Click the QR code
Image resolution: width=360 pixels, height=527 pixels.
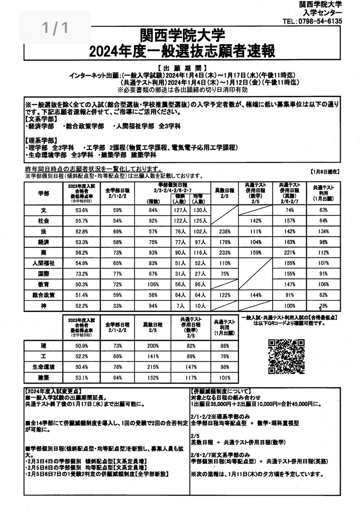pyautogui.click(x=286, y=356)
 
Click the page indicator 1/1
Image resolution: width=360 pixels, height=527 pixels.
pyautogui.click(x=55, y=28)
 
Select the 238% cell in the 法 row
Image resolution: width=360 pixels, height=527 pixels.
pyautogui.click(x=225, y=232)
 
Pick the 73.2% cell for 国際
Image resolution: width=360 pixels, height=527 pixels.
pyautogui.click(x=82, y=274)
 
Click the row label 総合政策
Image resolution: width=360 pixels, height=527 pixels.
pyautogui.click(x=44, y=295)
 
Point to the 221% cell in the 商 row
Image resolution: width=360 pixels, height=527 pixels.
pyautogui.click(x=289, y=253)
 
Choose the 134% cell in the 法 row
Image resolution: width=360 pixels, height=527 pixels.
pyautogui.click(x=324, y=232)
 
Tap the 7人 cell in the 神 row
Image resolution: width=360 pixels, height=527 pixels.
pyautogui.click(x=180, y=306)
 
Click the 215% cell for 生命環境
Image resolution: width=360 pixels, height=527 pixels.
pyautogui.click(x=153, y=367)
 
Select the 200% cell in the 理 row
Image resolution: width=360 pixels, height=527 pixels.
pyautogui.click(x=153, y=346)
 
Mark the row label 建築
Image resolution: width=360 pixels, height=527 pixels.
pyautogui.click(x=44, y=378)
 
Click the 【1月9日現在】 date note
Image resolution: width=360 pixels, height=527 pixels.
pyautogui.click(x=324, y=172)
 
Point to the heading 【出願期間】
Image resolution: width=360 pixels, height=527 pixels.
pyautogui.click(x=182, y=68)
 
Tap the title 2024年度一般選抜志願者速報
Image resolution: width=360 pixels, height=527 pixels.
pyautogui.click(x=182, y=51)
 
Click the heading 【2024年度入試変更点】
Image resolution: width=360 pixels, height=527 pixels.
pyautogui.click(x=52, y=391)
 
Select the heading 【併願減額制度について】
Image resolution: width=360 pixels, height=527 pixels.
pyautogui.click(x=220, y=391)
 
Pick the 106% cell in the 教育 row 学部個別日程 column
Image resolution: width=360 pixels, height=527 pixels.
pyautogui.click(x=153, y=284)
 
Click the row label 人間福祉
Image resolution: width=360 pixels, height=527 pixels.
pyautogui.click(x=44, y=263)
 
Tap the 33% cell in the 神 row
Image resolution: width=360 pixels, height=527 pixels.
pyautogui.click(x=117, y=306)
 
